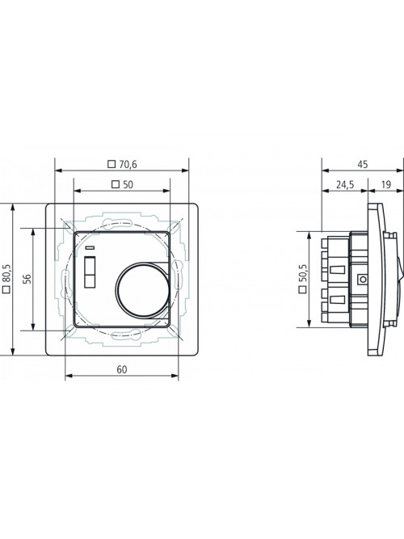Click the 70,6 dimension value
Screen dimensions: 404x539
click(128, 165)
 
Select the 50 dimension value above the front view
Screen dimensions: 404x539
click(128, 185)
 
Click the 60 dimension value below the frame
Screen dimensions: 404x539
click(122, 369)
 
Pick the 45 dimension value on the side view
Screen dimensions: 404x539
click(363, 165)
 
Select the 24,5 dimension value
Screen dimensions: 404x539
click(345, 185)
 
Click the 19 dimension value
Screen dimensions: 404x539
click(386, 185)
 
